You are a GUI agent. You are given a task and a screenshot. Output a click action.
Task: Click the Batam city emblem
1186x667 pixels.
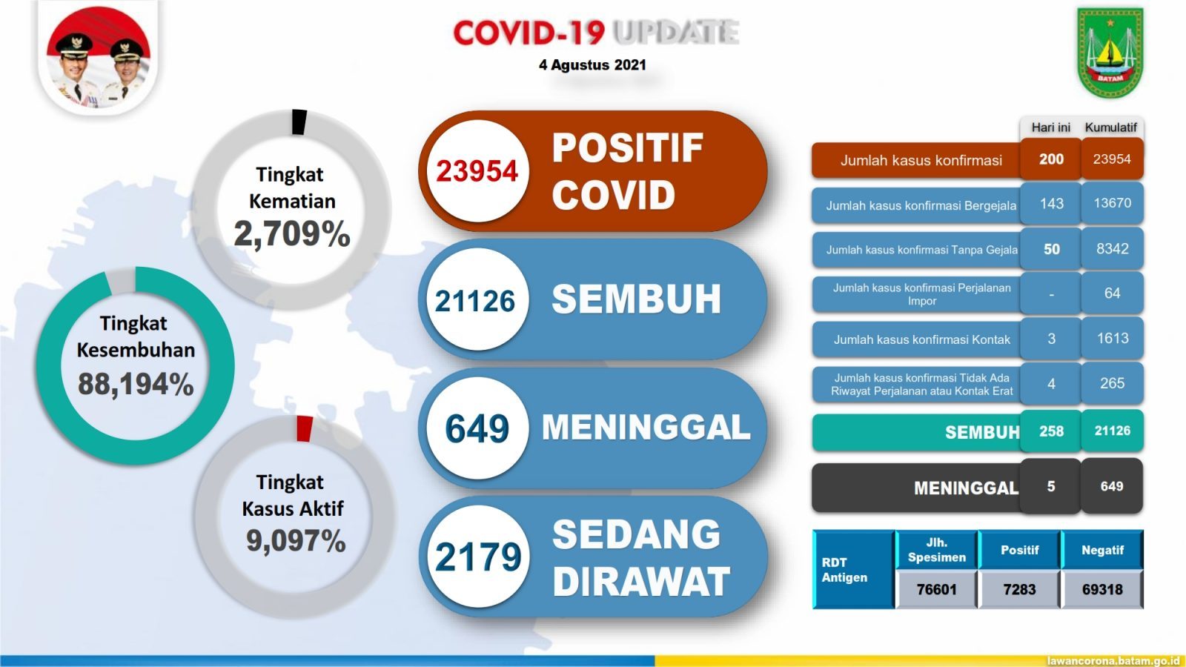1110,53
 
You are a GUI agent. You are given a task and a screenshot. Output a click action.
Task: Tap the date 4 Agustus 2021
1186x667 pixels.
592,65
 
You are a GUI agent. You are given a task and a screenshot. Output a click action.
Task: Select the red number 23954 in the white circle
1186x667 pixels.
477,171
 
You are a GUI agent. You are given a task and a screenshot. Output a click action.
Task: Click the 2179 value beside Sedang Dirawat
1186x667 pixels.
478,557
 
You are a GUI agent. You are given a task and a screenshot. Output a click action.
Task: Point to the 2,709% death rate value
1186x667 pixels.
292,233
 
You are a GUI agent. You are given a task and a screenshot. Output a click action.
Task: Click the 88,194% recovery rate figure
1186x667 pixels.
136,384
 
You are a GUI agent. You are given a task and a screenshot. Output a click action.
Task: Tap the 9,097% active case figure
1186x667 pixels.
296,540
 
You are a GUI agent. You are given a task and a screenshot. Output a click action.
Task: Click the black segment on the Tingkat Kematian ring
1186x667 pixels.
299,122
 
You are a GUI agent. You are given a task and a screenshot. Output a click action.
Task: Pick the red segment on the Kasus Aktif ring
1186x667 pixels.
305,429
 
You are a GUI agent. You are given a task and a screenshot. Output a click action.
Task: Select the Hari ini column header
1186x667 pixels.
1050,127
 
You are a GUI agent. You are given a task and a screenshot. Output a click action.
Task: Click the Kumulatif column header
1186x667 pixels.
1111,127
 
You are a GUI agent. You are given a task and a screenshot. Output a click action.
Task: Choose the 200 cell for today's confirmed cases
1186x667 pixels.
1051,159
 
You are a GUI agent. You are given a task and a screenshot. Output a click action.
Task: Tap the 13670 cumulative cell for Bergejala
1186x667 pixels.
1112,203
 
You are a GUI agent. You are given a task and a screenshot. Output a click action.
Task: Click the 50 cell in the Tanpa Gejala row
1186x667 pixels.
1051,249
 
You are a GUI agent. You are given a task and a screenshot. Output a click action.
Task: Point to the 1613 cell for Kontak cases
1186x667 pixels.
1112,338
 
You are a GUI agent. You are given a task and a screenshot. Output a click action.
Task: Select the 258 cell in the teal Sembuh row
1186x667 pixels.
1051,431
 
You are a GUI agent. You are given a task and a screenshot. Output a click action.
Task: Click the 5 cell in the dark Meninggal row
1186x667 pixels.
1051,486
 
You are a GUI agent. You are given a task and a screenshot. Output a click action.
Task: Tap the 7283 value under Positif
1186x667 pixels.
1019,589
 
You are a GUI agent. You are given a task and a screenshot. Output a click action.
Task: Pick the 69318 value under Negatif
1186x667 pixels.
1102,589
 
